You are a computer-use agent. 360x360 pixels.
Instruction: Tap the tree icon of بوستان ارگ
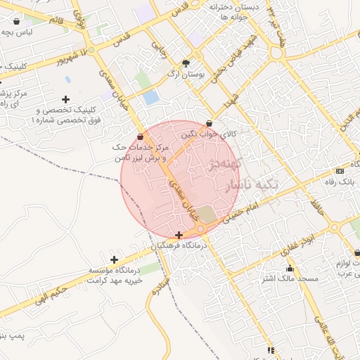tap(186, 62)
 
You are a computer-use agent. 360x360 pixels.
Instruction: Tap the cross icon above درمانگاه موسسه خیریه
tap(114, 259)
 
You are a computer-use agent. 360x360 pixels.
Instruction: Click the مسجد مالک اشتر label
tap(290, 279)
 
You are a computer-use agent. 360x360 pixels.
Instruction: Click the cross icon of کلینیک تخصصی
tap(66, 99)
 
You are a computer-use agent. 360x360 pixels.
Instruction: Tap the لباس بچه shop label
tap(15, 32)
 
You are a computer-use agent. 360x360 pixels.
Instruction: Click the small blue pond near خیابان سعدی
tap(150, 98)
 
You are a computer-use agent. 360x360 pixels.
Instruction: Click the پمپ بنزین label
tap(13, 337)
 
